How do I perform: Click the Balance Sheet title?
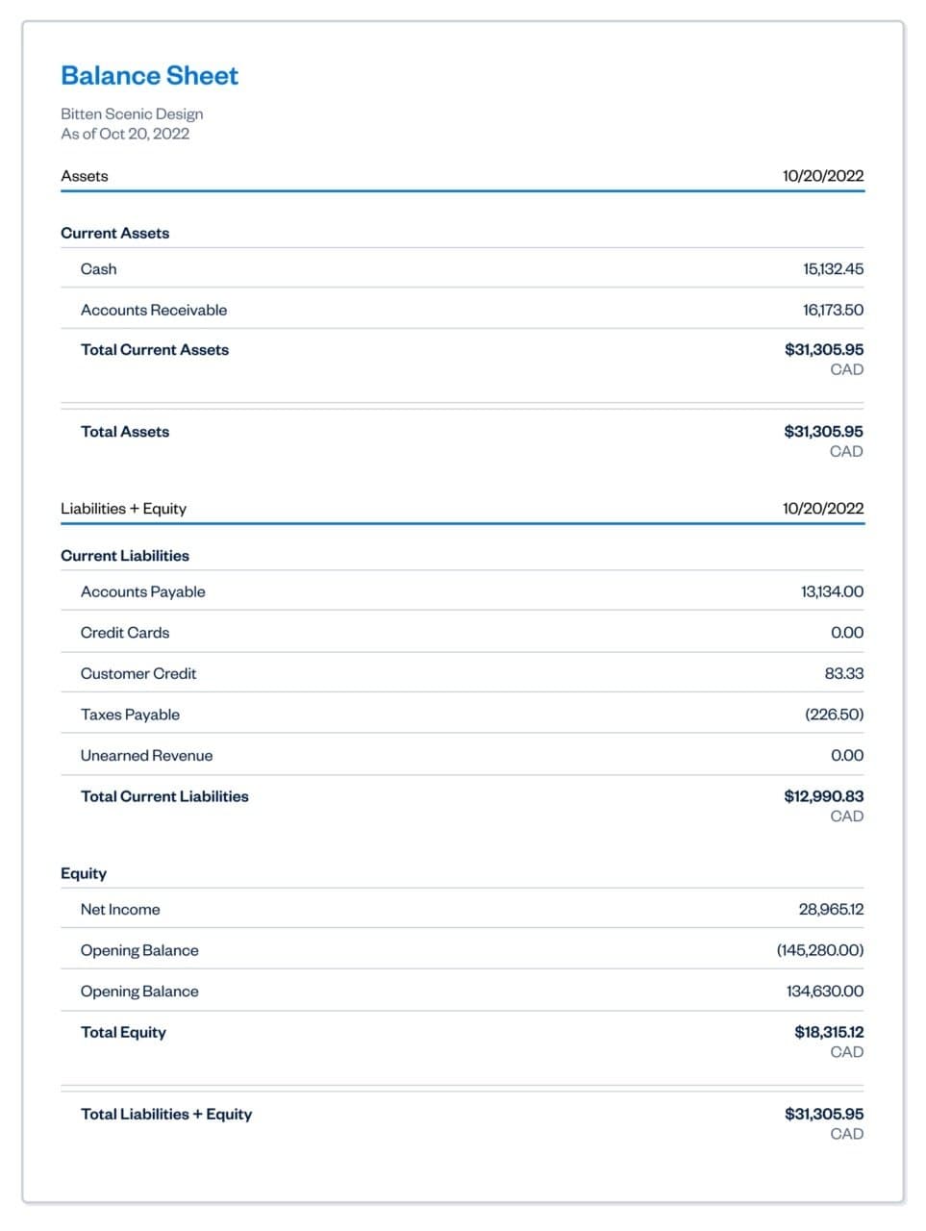coord(149,76)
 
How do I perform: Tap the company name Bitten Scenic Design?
coord(132,113)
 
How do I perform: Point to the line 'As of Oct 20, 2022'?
coord(125,134)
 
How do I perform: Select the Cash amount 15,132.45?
coord(833,269)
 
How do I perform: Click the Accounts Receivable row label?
coord(154,310)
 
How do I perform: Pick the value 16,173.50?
coord(833,310)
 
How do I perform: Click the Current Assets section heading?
coord(114,233)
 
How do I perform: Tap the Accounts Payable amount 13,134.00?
coord(832,591)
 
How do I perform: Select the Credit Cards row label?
coord(125,633)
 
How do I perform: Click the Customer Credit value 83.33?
coord(843,673)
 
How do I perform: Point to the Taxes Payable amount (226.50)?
coord(834,715)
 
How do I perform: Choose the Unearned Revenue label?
coord(146,756)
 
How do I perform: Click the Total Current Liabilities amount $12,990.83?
coord(823,796)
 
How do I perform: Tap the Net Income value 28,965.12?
coord(831,909)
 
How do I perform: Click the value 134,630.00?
coord(825,991)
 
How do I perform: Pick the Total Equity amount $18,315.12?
coord(829,1032)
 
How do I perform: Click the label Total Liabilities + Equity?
coord(166,1114)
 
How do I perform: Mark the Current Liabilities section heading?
coord(125,556)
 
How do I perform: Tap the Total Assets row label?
coord(125,432)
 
